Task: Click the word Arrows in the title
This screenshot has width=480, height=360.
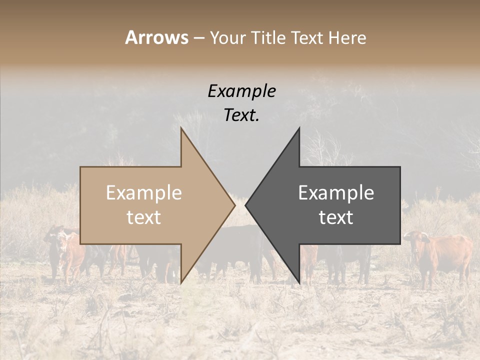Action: pyautogui.click(x=156, y=37)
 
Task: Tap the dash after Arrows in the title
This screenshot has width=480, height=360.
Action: pyautogui.click(x=198, y=38)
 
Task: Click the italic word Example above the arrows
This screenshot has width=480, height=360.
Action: pyautogui.click(x=241, y=91)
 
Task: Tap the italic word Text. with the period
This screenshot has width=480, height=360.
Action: pyautogui.click(x=241, y=115)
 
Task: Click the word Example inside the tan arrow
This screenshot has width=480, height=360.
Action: pyautogui.click(x=143, y=192)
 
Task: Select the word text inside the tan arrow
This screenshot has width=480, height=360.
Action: pyautogui.click(x=143, y=217)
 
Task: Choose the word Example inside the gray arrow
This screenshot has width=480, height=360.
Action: pyautogui.click(x=336, y=192)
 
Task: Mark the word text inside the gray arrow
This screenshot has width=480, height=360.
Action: pyautogui.click(x=336, y=217)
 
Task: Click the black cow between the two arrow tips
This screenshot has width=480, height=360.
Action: pyautogui.click(x=240, y=245)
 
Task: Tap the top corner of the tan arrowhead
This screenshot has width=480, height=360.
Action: pyautogui.click(x=181, y=128)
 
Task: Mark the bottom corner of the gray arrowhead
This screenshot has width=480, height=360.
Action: pyautogui.click(x=299, y=283)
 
